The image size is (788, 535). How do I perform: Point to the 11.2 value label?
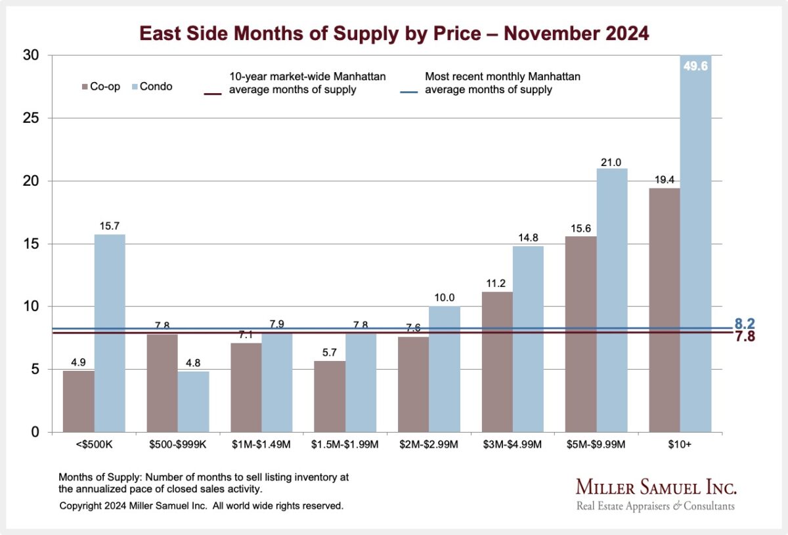[x=497, y=284]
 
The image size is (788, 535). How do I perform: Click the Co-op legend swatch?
[x=85, y=87]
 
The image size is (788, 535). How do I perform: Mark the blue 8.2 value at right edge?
[x=745, y=324]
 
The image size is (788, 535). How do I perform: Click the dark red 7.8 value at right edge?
[x=745, y=337]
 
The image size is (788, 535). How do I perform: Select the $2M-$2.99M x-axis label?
[x=429, y=444]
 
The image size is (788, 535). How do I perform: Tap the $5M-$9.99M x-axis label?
[x=597, y=444]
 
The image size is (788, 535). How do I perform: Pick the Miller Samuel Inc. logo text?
[x=656, y=487]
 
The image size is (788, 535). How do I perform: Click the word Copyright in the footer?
[x=82, y=506]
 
